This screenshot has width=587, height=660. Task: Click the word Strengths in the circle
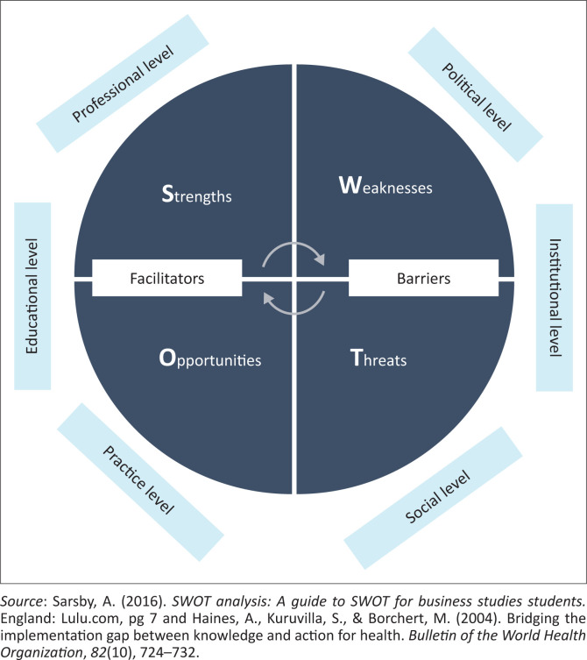[x=186, y=195]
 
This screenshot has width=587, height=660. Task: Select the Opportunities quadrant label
[x=197, y=359]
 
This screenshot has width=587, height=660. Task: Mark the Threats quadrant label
[x=378, y=359]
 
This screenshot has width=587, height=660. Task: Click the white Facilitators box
[x=166, y=278]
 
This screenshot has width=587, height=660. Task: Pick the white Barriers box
[x=421, y=278]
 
